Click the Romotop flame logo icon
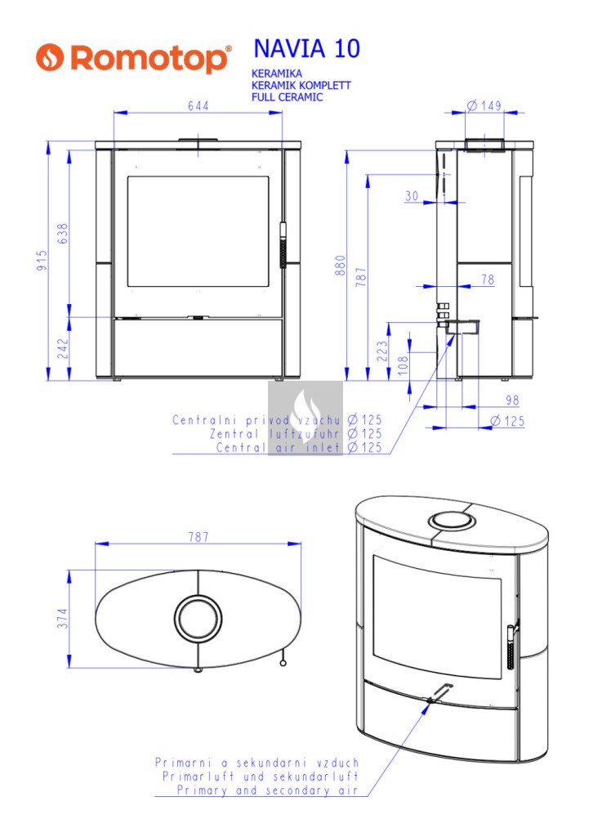click(x=50, y=57)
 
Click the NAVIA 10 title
click(x=307, y=48)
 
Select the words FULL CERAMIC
click(x=287, y=97)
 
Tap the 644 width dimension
click(x=198, y=105)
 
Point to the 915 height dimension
click(x=42, y=261)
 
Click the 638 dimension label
click(x=63, y=234)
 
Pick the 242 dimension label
click(x=63, y=348)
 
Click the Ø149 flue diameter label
click(x=484, y=105)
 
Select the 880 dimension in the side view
click(x=341, y=266)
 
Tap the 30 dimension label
click(x=412, y=196)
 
